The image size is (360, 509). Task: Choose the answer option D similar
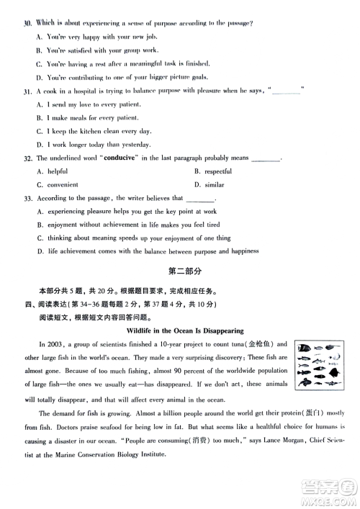[x=209, y=184]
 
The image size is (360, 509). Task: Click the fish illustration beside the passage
[x=321, y=362]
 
